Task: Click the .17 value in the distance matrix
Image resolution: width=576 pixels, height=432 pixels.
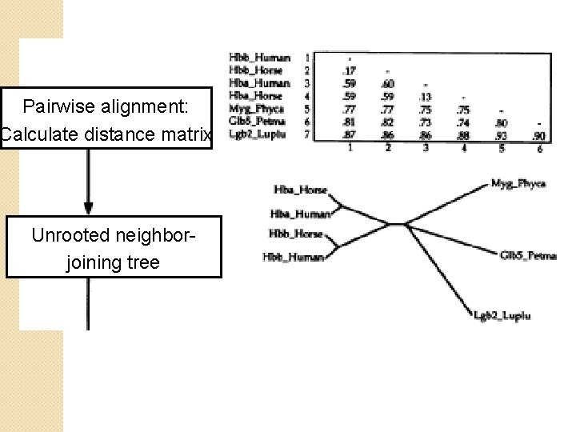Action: [x=350, y=70]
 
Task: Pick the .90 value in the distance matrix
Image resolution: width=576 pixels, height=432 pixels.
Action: [x=541, y=135]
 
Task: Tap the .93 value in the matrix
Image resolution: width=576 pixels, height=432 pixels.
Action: [x=502, y=135]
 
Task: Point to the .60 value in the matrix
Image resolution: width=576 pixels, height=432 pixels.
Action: [x=388, y=83]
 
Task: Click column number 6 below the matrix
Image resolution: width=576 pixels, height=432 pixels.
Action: [x=539, y=147]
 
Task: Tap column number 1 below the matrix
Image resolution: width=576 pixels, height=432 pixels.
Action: [x=349, y=147]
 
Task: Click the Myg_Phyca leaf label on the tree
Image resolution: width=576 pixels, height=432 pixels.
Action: [x=518, y=184]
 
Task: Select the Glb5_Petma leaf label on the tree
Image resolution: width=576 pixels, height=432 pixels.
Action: [x=527, y=256]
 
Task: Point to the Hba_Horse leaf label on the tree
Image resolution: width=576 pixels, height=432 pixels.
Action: [x=301, y=190]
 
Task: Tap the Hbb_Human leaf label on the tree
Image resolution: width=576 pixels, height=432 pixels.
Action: [x=293, y=257]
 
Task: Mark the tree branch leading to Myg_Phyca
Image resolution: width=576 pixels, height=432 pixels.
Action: [x=448, y=203]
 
